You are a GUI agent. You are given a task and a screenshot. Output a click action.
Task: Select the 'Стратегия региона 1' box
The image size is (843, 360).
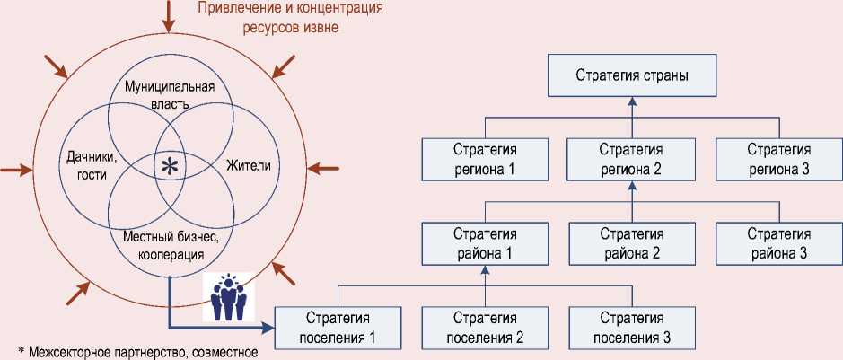485,158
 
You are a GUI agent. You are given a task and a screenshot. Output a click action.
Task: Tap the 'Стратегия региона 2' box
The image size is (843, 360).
631,158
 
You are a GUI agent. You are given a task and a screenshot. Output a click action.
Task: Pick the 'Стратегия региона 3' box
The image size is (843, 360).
777,158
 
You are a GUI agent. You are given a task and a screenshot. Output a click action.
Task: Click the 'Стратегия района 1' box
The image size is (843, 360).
485,243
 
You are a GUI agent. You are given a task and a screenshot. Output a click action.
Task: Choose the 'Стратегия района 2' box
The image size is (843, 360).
631,243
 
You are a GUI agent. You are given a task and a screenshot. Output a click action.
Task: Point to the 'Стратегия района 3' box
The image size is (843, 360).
777,243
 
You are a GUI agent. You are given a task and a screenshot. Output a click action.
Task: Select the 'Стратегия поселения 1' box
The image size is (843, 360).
338,328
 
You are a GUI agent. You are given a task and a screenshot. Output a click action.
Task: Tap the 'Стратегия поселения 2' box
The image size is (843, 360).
485,328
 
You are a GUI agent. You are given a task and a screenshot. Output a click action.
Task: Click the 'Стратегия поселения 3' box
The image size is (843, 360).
631,328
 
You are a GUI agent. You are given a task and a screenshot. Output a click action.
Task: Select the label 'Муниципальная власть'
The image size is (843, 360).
169,95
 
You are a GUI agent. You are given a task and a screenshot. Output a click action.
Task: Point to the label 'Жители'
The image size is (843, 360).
248,167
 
